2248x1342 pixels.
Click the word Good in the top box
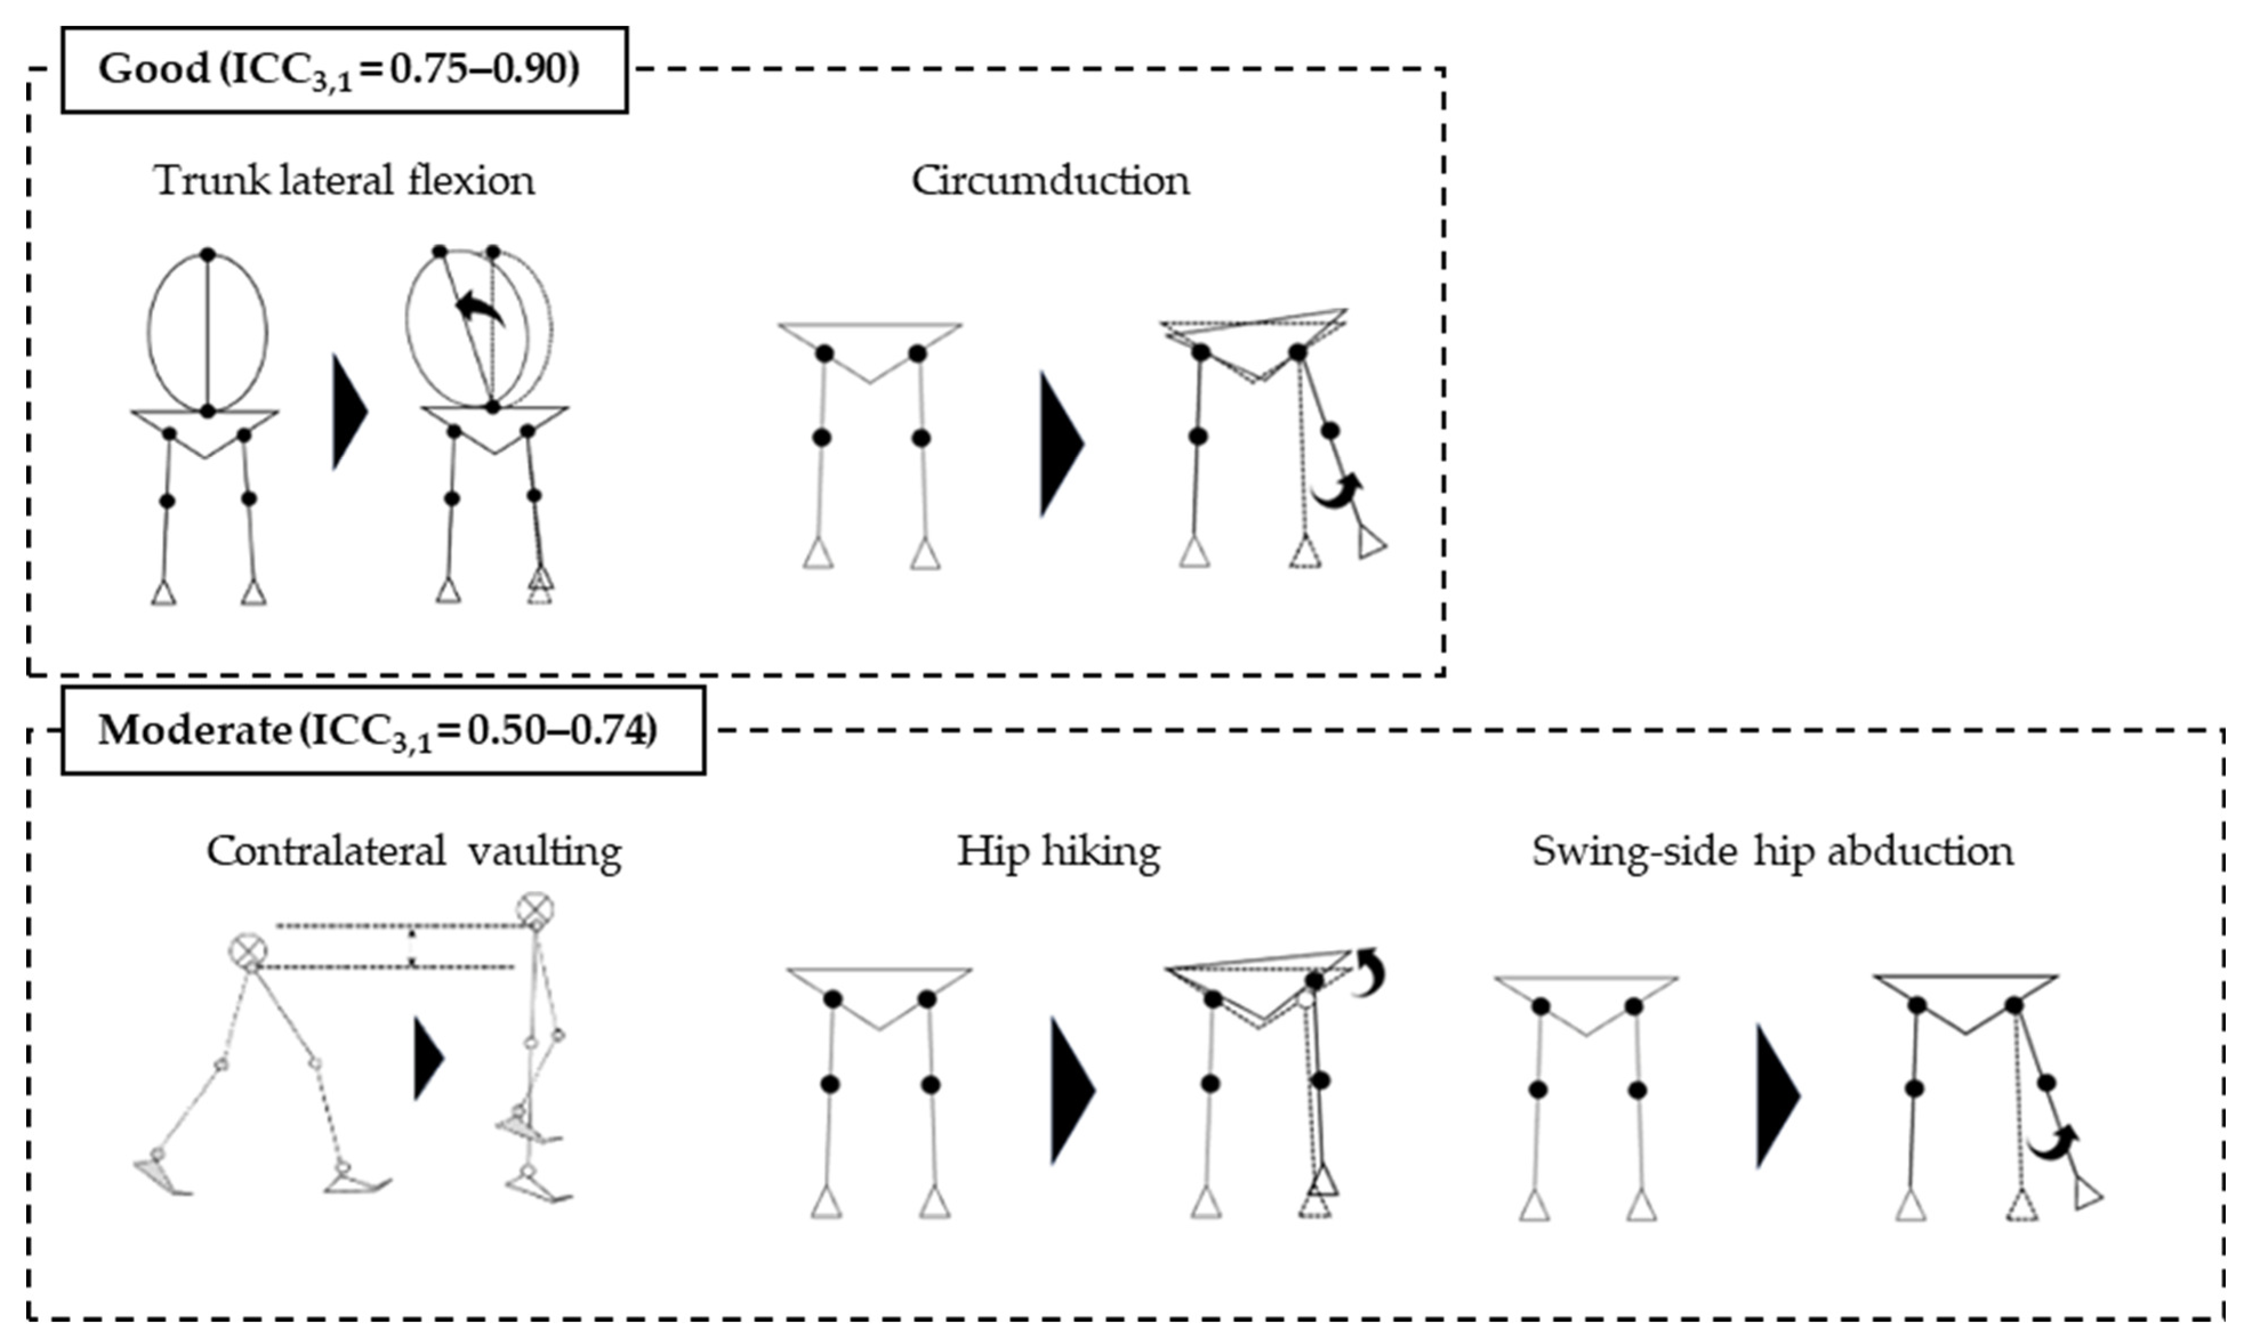click(x=154, y=68)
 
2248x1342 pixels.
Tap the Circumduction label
click(x=1049, y=181)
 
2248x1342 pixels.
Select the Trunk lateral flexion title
click(x=344, y=181)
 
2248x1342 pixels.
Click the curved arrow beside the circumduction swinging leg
click(x=1337, y=491)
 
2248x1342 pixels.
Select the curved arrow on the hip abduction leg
click(x=2052, y=1144)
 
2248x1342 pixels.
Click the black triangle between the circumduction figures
click(x=1058, y=443)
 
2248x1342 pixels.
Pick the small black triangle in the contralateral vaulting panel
click(x=427, y=1058)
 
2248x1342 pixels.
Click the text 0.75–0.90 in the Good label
click(x=484, y=68)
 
